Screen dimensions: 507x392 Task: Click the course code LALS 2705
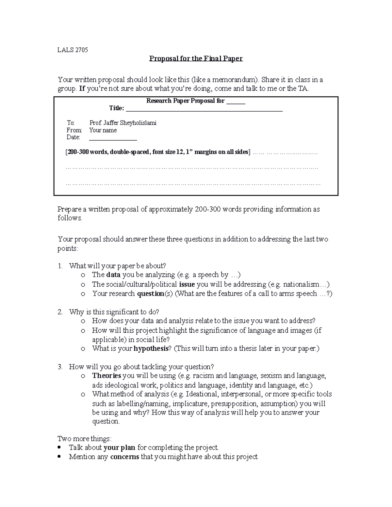[73, 50]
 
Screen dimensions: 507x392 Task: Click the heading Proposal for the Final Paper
[196, 58]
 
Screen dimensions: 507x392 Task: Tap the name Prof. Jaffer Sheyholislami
[123, 123]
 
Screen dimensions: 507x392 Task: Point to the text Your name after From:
[103, 130]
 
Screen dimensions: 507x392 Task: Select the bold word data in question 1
[113, 275]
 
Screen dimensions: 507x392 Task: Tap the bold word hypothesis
[151, 348]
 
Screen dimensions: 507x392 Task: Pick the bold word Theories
[106, 375]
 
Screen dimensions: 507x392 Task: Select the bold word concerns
[124, 456]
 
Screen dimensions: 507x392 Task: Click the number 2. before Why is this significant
[60, 312]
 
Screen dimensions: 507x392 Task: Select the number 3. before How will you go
[60, 367]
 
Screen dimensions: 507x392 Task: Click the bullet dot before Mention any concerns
[59, 456]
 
